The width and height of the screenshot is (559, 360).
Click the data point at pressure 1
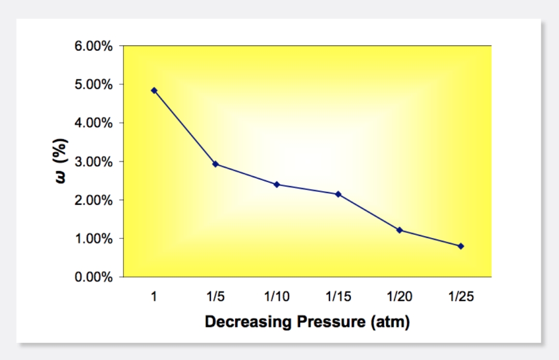154,90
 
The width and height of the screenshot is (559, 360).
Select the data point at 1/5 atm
215,164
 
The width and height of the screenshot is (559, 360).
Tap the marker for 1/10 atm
277,184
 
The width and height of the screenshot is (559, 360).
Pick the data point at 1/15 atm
338,194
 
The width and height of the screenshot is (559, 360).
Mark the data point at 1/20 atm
400,230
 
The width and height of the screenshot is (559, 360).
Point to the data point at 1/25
461,246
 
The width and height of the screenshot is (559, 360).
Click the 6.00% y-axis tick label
94,46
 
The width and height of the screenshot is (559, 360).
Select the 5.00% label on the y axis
94,84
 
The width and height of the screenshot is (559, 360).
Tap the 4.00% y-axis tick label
94,123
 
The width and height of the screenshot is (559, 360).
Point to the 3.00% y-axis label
94,162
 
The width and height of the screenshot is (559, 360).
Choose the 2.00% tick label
94,200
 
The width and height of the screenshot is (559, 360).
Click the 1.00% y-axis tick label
94,239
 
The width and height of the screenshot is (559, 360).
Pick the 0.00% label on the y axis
94,277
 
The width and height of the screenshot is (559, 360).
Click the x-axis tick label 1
154,297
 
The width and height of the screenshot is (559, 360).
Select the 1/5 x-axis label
215,297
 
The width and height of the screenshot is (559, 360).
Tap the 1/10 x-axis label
277,297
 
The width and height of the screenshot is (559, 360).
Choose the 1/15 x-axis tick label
338,297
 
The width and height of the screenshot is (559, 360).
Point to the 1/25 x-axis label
461,297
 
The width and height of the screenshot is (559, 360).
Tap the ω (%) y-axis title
62,161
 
